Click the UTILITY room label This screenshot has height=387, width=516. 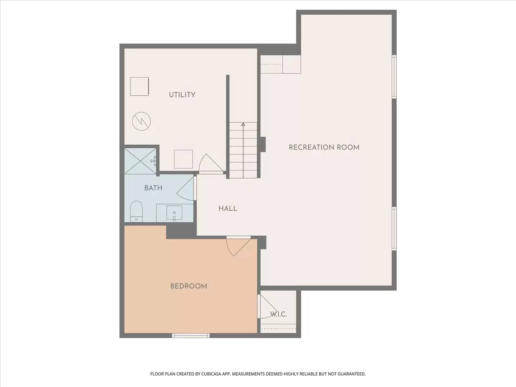click(182, 95)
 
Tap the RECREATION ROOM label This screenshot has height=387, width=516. click(324, 147)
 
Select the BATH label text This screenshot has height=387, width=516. click(153, 188)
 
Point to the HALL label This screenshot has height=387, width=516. click(228, 209)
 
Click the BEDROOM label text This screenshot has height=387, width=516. click(188, 286)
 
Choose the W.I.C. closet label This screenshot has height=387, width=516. click(278, 315)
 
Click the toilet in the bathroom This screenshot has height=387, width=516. click(136, 211)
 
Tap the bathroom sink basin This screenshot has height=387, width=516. click(174, 213)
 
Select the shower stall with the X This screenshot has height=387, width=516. click(140, 161)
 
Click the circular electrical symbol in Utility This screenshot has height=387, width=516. click(141, 121)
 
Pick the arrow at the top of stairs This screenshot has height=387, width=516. click(243, 124)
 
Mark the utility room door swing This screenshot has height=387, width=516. click(209, 163)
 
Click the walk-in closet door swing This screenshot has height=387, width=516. click(267, 306)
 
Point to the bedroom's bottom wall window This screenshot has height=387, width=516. click(191, 336)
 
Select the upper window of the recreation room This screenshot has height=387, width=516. click(394, 77)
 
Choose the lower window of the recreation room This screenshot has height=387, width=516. click(394, 229)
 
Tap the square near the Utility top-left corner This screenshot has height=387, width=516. click(139, 86)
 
